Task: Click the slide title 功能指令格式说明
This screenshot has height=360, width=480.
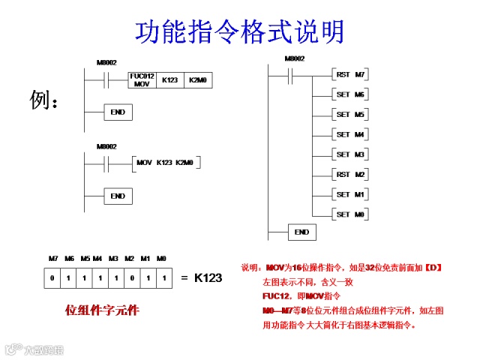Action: tap(239, 32)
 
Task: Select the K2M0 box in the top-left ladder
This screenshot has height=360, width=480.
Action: tap(198, 79)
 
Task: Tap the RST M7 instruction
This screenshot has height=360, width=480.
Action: tap(349, 75)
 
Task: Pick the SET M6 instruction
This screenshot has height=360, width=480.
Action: tap(349, 95)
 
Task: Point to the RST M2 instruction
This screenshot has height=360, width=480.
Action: tap(349, 174)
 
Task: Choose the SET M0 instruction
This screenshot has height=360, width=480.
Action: tap(349, 214)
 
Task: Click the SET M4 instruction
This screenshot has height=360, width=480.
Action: tap(349, 135)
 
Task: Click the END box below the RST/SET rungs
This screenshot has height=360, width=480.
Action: tap(301, 232)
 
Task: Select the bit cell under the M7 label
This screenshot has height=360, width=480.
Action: tap(52, 278)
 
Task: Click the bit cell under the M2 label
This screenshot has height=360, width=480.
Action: tap(130, 278)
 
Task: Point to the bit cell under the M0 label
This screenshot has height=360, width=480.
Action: tap(162, 278)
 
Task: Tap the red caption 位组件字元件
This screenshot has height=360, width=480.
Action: tap(102, 309)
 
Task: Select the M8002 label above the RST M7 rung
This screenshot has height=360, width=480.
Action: tap(294, 58)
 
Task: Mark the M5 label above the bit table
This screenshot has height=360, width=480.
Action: tap(84, 258)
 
